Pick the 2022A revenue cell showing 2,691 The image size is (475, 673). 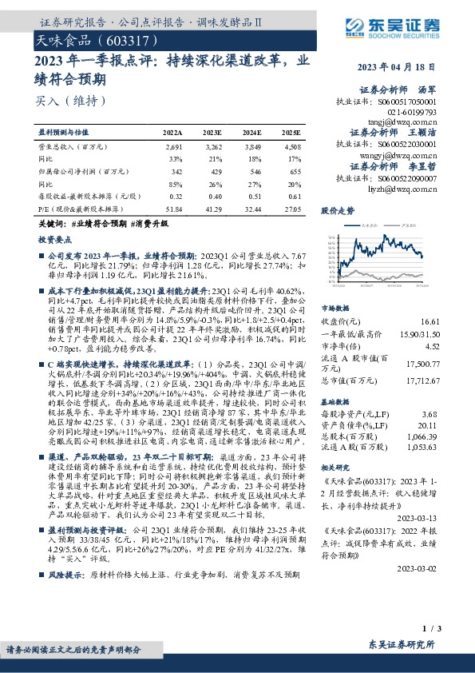point(173,147)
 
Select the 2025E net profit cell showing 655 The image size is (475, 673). point(295,170)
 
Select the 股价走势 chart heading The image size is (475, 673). point(338,211)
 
